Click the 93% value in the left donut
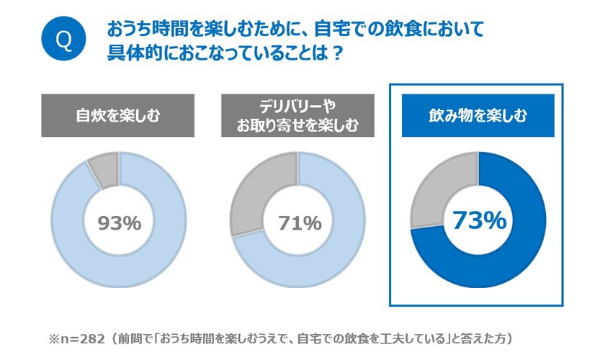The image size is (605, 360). pos(119,222)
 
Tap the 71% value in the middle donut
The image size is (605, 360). pos(299,222)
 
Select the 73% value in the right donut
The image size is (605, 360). pos(478,221)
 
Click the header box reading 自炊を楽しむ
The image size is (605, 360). pos(118,115)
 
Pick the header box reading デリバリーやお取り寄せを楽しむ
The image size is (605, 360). pos(298,115)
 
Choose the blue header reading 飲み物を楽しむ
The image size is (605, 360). pos(478,115)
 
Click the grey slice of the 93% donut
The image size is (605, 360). pos(104,170)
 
